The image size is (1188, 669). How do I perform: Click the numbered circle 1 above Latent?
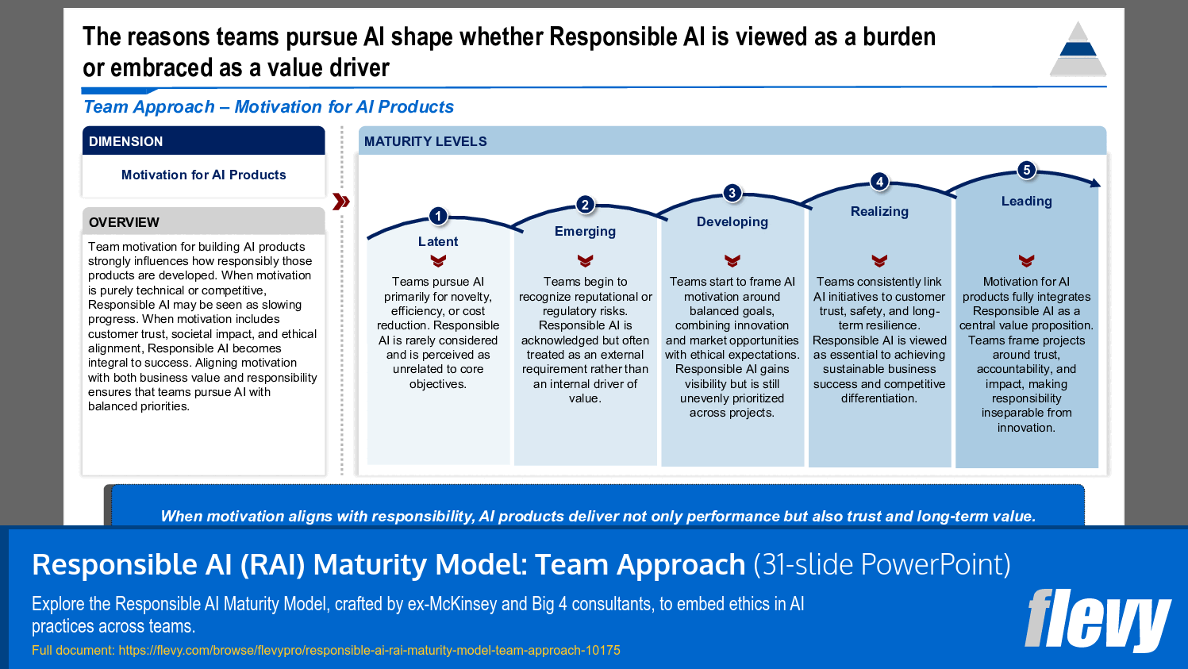coord(438,216)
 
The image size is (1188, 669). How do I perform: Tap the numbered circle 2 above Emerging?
coord(585,205)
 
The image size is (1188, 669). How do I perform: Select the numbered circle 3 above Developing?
coord(732,193)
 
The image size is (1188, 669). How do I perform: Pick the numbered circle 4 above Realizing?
coord(879,182)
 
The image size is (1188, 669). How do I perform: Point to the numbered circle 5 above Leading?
coord(1026,170)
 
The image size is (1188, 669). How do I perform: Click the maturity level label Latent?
coord(438,241)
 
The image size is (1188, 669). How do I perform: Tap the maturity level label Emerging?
coord(585,231)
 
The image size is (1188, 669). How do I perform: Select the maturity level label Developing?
coord(732,221)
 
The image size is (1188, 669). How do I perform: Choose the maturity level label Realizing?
coord(879,211)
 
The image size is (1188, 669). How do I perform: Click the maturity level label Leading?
coord(1026,201)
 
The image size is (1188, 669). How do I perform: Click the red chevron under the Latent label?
coord(438,260)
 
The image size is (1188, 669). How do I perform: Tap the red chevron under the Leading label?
coord(1026,260)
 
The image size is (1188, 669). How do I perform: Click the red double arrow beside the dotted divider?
coord(341,202)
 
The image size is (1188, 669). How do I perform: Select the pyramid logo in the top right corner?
coord(1078,49)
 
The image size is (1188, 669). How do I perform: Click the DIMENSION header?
coord(125,141)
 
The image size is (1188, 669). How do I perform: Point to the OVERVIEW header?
coord(124,222)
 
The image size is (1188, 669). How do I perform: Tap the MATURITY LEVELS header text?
coord(425,141)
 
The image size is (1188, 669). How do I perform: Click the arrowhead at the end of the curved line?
coord(1096,183)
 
